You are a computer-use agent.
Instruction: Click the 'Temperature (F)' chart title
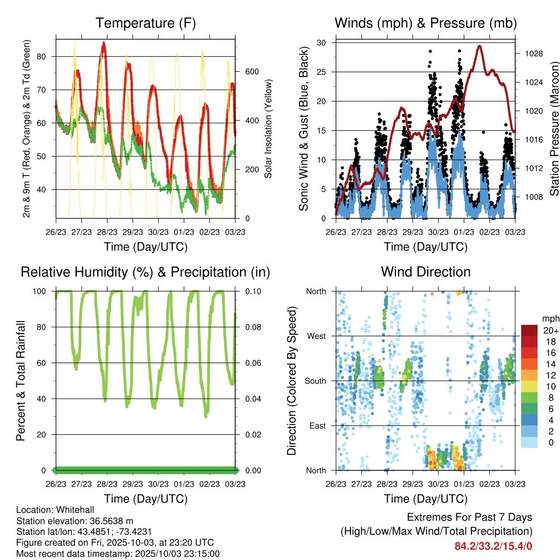(145, 24)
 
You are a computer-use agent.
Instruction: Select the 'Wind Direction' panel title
(425, 272)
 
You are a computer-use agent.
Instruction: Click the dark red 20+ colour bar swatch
(529, 330)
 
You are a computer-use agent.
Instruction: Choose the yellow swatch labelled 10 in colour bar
(529, 386)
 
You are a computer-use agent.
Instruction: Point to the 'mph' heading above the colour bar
(549, 319)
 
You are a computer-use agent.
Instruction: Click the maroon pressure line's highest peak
(480, 46)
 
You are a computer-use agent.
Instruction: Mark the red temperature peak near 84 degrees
(103, 43)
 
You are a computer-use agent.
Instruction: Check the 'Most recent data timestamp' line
(118, 553)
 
